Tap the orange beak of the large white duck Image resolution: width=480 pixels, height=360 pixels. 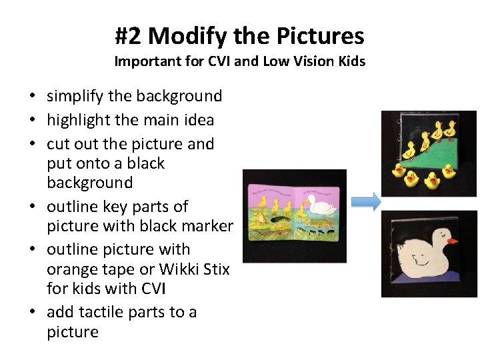[453, 240]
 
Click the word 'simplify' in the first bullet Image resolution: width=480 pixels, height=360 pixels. [75, 97]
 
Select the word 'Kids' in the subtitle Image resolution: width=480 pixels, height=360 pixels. [351, 62]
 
